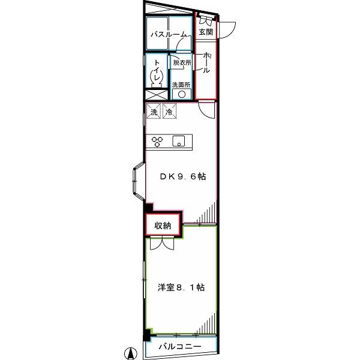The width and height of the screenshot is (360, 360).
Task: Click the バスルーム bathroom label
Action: pyautogui.click(x=169, y=35)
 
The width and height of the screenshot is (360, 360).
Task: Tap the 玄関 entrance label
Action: pyautogui.click(x=206, y=32)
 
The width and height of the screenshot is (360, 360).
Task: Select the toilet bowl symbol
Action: pyautogui.click(x=157, y=78)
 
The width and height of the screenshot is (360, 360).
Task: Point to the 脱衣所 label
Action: pyautogui.click(x=182, y=62)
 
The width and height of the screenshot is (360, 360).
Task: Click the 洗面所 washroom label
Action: pyautogui.click(x=181, y=85)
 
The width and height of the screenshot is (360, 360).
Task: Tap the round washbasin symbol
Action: pyautogui.click(x=182, y=94)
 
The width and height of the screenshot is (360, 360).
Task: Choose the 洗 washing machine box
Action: pyautogui.click(x=154, y=112)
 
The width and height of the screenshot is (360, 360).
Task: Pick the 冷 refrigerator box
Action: pyautogui.click(x=169, y=112)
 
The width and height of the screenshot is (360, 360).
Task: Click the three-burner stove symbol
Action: pyautogui.click(x=157, y=142)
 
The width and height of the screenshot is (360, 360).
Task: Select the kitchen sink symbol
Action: pyautogui.click(x=179, y=141)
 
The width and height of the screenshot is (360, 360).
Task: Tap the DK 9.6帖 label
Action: pyautogui.click(x=183, y=176)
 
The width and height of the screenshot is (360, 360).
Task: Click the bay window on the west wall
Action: pyautogui.click(x=139, y=180)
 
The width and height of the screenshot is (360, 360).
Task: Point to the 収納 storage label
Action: pyautogui.click(x=163, y=226)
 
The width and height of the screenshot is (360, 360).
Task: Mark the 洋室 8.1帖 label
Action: pyautogui.click(x=181, y=287)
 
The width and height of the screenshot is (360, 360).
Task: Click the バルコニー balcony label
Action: pyautogui.click(x=180, y=346)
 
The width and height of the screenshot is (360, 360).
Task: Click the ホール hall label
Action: pyautogui.click(x=206, y=62)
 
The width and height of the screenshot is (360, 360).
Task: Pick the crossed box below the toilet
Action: pyautogui.click(x=157, y=95)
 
